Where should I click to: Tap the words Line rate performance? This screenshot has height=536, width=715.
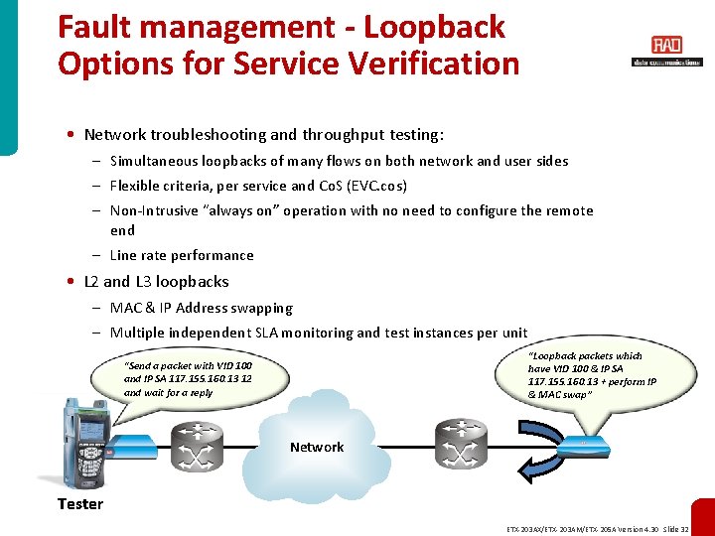click(x=182, y=255)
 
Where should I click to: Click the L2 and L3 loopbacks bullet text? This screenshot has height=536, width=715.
click(x=157, y=282)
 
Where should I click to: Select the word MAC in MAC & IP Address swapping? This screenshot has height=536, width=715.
click(x=126, y=308)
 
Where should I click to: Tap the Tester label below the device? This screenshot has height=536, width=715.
click(x=80, y=504)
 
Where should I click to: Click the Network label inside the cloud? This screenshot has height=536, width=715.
click(x=317, y=448)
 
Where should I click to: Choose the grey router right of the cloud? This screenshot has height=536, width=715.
click(x=460, y=446)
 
